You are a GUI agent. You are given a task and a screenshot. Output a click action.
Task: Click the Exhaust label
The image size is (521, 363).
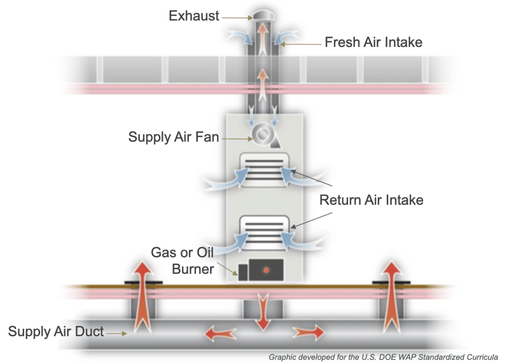click(194, 16)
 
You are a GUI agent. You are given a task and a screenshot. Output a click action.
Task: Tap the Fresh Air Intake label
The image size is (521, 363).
click(373, 42)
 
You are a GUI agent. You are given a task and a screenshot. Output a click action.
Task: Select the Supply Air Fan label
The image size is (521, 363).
click(173, 137)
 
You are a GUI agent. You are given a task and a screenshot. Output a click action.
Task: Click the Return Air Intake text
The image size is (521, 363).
click(371, 200)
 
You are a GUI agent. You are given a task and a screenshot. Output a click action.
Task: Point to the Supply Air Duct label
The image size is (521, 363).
click(56, 331)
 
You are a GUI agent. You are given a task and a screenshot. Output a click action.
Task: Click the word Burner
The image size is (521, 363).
click(193, 269)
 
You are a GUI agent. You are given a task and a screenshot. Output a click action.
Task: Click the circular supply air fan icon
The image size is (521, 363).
click(262, 134)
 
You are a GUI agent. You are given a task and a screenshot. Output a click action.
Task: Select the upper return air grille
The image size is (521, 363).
click(265, 170)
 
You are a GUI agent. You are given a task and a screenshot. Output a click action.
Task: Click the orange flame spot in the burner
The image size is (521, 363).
click(266, 270)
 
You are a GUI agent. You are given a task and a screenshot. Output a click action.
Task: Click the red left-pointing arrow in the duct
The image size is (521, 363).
click(220, 333)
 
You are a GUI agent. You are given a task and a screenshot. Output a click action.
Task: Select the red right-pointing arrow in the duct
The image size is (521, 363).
click(308, 332)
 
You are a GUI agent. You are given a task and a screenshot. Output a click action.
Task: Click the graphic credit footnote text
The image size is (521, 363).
click(383, 357)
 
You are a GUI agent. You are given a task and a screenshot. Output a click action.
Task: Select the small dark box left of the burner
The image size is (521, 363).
click(243, 272)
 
